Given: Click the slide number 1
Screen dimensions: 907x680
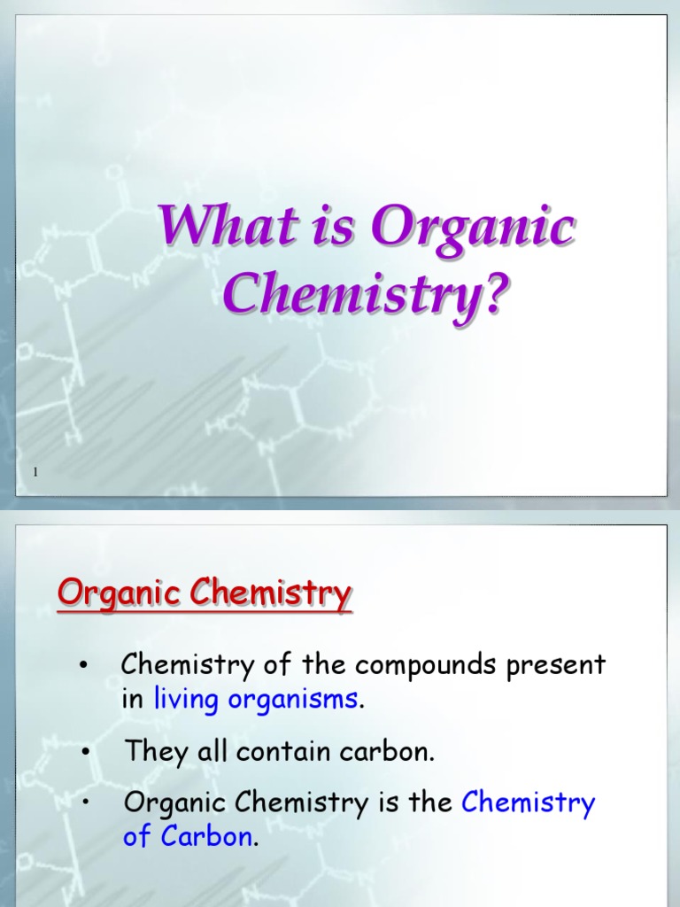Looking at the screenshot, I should click(x=35, y=473).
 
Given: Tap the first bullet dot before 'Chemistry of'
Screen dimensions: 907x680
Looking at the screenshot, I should click(x=83, y=667).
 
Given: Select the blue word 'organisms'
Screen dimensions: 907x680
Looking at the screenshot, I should click(x=293, y=700).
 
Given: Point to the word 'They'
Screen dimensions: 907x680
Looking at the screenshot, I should click(x=153, y=752).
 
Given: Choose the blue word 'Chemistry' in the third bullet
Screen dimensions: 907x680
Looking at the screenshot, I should click(x=529, y=803).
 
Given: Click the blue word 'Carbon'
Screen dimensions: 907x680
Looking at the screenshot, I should click(x=207, y=837).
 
